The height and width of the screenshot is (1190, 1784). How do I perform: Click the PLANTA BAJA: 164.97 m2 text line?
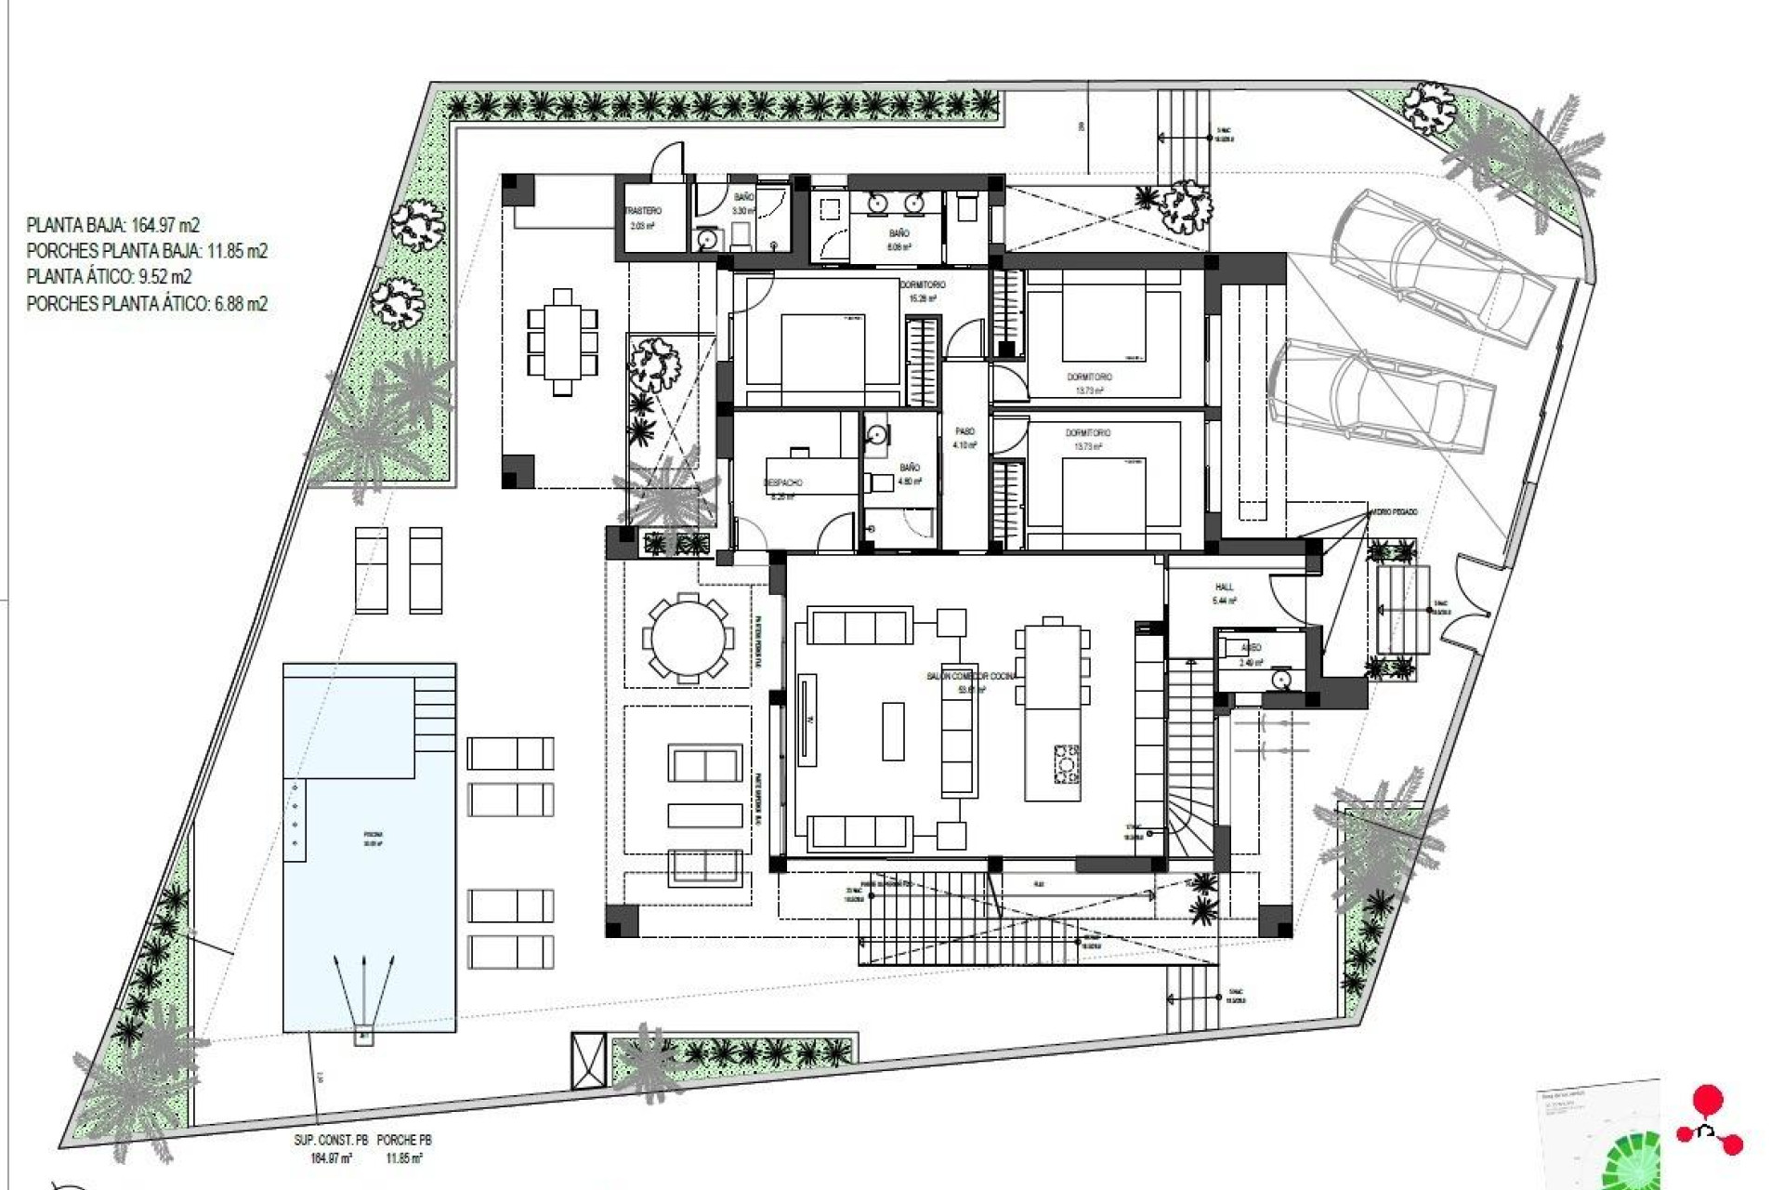[112, 225]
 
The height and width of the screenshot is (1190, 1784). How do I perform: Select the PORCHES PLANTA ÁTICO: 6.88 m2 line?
[147, 304]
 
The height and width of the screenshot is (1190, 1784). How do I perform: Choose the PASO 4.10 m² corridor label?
[965, 438]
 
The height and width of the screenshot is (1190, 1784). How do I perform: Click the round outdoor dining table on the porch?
[688, 639]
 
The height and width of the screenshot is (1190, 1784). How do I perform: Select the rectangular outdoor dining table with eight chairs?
[562, 342]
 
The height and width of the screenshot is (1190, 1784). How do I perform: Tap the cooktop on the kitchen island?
[1066, 764]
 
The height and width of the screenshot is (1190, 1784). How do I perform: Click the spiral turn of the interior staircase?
[1189, 823]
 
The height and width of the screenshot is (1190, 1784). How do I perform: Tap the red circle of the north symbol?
[1707, 1101]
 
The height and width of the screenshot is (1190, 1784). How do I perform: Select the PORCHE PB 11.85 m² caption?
[404, 1149]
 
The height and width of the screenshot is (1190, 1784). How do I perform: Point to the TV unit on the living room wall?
[806, 721]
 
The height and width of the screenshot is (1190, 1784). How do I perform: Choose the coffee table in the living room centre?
[893, 731]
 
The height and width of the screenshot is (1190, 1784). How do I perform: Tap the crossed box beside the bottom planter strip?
[588, 1061]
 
